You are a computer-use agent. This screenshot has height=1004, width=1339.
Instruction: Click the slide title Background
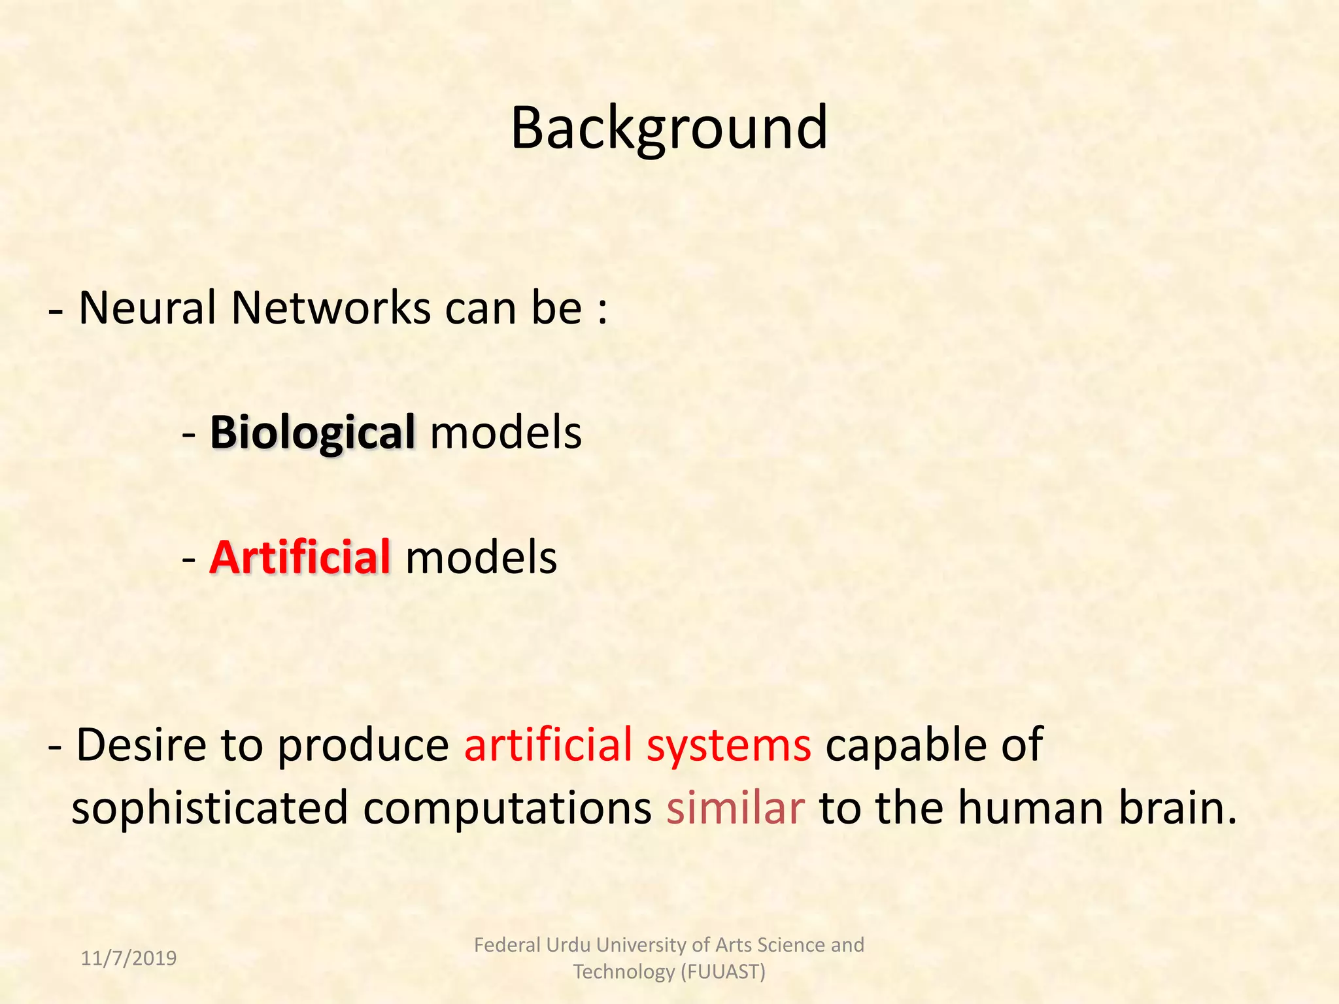pyautogui.click(x=669, y=128)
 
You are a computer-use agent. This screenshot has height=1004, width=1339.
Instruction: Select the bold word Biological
pyautogui.click(x=312, y=433)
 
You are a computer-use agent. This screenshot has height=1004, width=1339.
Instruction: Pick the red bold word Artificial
pyautogui.click(x=300, y=558)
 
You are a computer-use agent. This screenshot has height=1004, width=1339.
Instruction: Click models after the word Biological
pyautogui.click(x=506, y=433)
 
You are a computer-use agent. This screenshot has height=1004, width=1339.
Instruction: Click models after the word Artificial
pyautogui.click(x=481, y=558)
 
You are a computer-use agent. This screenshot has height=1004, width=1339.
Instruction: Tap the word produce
pyautogui.click(x=364, y=746)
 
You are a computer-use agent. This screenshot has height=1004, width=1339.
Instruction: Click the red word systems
pyautogui.click(x=729, y=746)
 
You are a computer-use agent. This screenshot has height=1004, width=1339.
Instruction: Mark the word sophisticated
pyautogui.click(x=210, y=809)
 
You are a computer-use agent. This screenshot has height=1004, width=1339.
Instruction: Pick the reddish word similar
pyautogui.click(x=736, y=807)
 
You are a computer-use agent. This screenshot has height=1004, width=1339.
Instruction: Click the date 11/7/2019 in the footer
pyautogui.click(x=129, y=958)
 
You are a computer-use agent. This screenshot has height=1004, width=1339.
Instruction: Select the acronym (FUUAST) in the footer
pyautogui.click(x=722, y=972)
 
